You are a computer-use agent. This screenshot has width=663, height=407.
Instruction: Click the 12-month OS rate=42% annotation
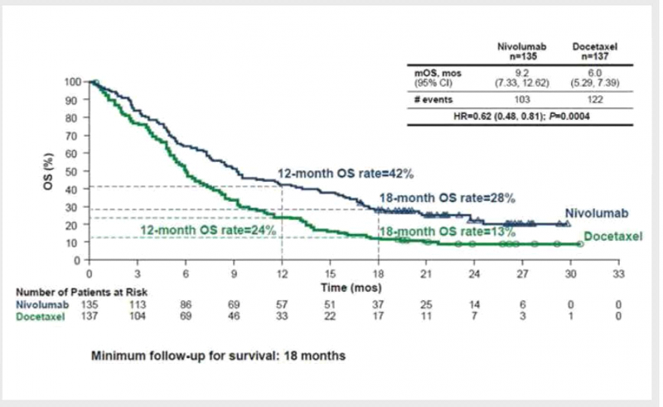(x=345, y=174)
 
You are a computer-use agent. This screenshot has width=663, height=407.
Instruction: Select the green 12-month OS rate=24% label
(x=208, y=228)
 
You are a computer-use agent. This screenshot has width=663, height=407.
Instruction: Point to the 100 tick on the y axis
(x=72, y=82)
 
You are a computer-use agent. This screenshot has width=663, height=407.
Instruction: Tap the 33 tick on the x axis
(x=617, y=273)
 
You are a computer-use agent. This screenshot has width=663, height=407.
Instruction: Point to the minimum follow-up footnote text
(x=219, y=357)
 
